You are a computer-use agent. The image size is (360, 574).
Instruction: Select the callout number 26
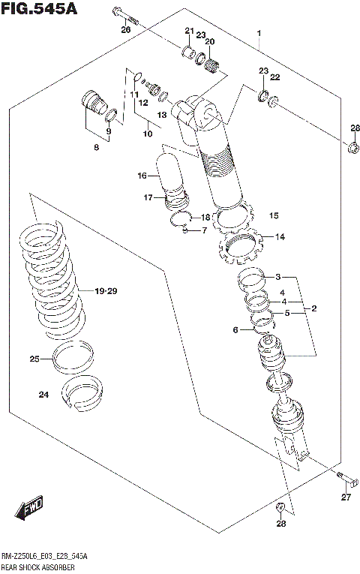point(125,29)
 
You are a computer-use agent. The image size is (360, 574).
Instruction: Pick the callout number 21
point(189,30)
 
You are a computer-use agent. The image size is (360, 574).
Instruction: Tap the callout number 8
point(96,148)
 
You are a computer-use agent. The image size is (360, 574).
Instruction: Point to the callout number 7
point(203,230)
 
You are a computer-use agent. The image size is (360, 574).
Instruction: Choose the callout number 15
point(274,216)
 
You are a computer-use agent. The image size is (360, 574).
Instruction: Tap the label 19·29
point(106,291)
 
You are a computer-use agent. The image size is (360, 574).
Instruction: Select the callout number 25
point(34,359)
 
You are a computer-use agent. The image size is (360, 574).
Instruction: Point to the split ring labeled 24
point(83,392)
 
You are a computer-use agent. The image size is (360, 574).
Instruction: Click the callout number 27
point(346,497)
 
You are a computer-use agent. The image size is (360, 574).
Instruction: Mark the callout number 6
point(235,329)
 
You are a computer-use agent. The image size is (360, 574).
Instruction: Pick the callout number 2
point(314,308)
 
